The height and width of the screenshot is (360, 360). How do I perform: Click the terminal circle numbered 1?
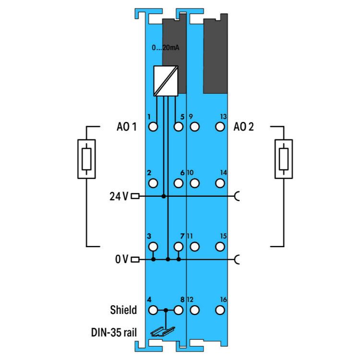(x=153, y=127)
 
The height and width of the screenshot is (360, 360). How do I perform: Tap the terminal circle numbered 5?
(x=179, y=127)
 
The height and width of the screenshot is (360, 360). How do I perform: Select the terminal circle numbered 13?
(x=220, y=127)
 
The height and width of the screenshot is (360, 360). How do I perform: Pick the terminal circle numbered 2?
(x=153, y=183)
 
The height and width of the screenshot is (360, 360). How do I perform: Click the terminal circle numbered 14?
(x=220, y=183)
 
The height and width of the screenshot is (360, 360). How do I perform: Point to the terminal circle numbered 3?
(x=153, y=247)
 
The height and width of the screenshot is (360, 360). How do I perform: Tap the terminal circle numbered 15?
(x=220, y=247)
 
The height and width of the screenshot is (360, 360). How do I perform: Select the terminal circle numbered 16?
(x=220, y=310)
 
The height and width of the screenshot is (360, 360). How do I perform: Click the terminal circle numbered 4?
(x=153, y=310)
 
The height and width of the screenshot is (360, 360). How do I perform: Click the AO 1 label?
(x=127, y=127)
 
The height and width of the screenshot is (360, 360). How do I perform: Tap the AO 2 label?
(x=244, y=127)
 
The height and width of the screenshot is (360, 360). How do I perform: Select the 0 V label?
(x=122, y=260)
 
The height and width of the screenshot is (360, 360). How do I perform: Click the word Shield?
(x=123, y=310)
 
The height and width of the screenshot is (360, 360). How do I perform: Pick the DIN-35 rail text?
(x=115, y=332)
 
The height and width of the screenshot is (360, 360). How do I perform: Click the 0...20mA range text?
(x=165, y=48)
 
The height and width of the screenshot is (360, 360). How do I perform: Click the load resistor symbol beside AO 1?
(x=86, y=159)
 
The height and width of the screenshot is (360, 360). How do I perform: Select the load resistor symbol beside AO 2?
(x=283, y=159)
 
